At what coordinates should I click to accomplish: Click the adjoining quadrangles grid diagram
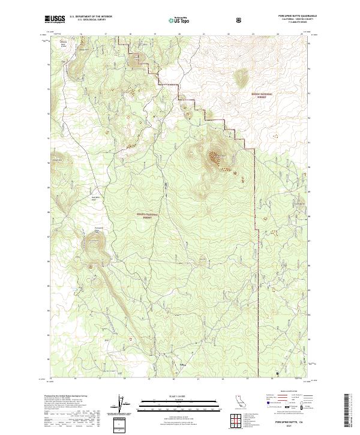click(x=237, y=419)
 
